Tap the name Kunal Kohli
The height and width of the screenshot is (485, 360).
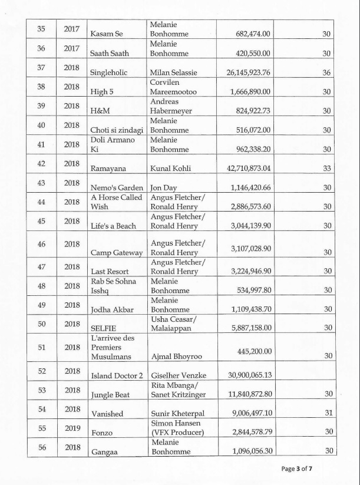pos(171,169)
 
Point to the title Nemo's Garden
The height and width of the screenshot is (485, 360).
pos(117,187)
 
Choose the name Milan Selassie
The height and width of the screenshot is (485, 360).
pos(174,72)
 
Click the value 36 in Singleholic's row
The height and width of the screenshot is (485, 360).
pos(326,72)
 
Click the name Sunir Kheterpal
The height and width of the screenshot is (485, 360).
pos(178,414)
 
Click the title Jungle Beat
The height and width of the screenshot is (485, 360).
pos(110,394)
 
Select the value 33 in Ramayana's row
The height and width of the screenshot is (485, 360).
pos(326,169)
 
